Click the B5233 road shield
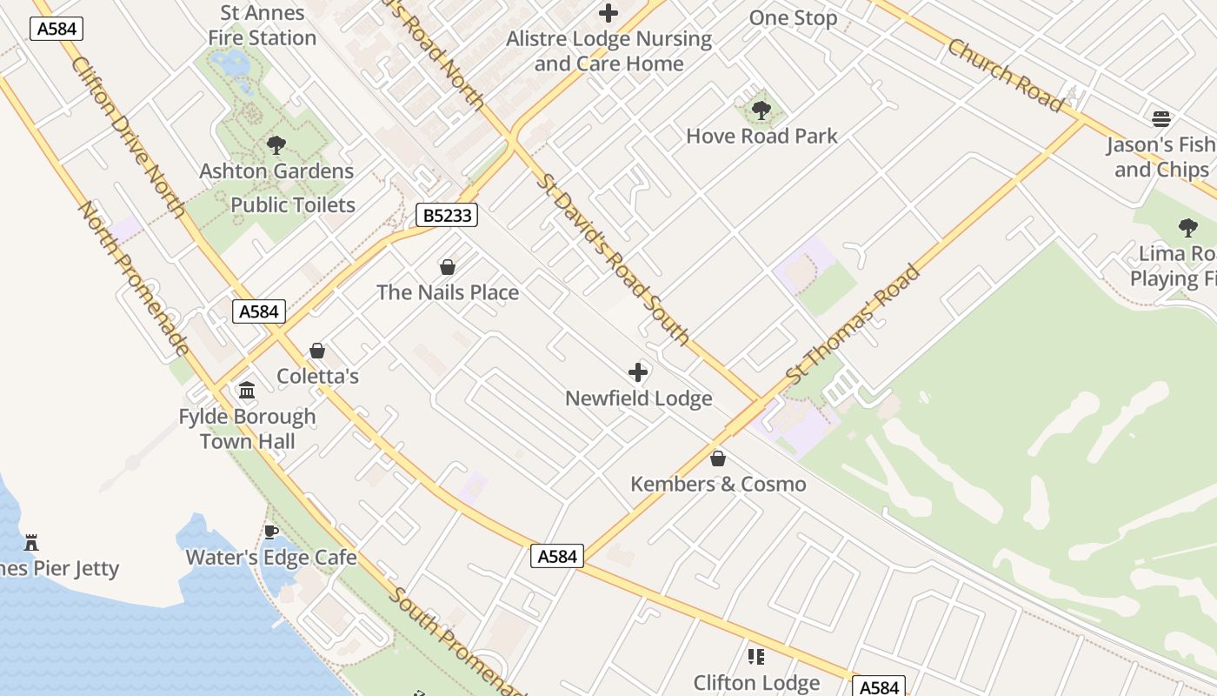click(x=447, y=215)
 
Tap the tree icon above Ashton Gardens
click(x=276, y=145)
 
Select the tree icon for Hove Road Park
click(x=761, y=110)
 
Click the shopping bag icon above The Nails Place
click(x=448, y=267)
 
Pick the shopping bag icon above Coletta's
click(x=317, y=351)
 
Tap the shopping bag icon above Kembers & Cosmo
click(x=718, y=458)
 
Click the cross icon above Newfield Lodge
click(x=638, y=373)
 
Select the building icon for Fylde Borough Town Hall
click(x=247, y=391)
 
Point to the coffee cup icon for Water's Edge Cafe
click(x=271, y=532)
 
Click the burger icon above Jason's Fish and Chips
click(x=1161, y=119)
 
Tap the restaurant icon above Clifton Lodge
click(x=756, y=657)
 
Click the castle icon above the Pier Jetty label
click(x=31, y=543)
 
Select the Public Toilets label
click(x=293, y=205)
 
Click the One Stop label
click(x=793, y=18)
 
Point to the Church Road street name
click(x=1006, y=75)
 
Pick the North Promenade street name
click(x=134, y=278)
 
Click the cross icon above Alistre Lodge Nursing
click(x=608, y=13)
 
